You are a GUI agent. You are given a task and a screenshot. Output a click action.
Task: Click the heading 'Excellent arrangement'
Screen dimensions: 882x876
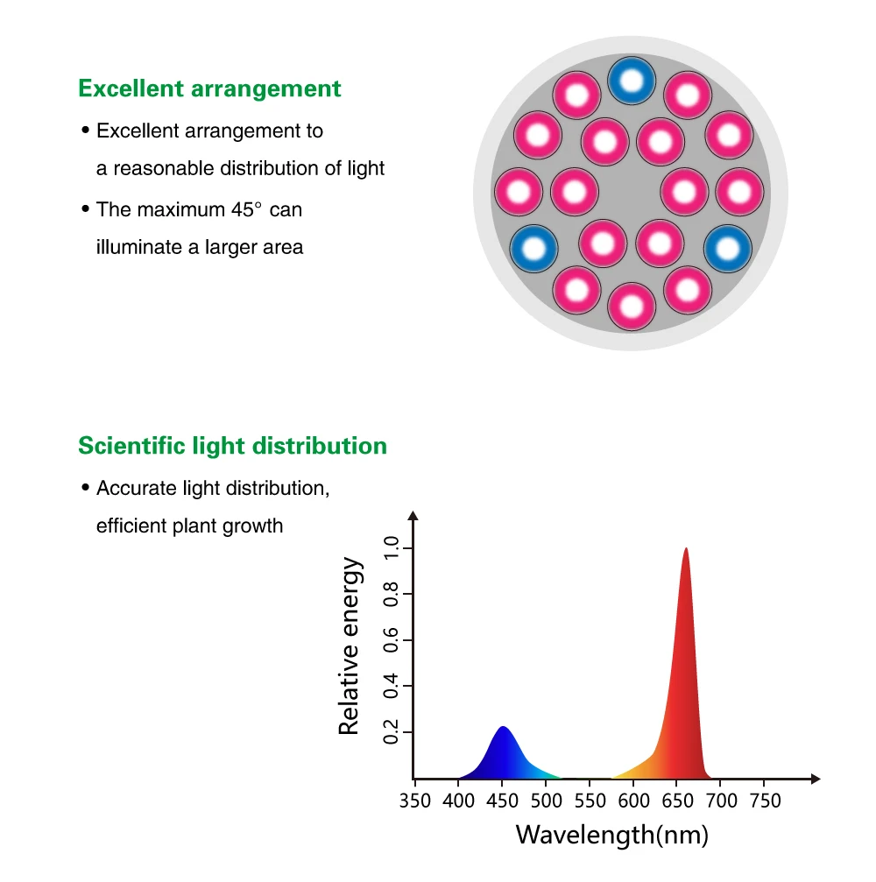point(209,88)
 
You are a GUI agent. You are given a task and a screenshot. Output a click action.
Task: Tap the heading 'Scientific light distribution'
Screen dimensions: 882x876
point(232,446)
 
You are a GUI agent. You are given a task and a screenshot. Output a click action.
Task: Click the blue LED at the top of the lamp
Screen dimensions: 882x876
point(631,81)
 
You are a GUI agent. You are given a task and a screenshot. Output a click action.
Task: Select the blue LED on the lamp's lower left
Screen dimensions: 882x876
point(533,249)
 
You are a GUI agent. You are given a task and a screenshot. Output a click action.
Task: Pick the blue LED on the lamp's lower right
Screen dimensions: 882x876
point(728,249)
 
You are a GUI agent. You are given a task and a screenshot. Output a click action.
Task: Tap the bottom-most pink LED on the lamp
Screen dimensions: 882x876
point(631,307)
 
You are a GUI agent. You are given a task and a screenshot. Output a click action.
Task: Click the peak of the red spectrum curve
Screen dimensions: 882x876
point(685,549)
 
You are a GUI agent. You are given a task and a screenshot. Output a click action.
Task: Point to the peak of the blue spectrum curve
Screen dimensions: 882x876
point(502,728)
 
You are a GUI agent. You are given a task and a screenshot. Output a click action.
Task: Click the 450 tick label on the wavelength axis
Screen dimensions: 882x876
point(502,800)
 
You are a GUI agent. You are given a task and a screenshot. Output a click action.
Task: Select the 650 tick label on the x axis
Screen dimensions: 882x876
point(678,800)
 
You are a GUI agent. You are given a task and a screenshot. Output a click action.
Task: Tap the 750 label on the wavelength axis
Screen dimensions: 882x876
point(766,800)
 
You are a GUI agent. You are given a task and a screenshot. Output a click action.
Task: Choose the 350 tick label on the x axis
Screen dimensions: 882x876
point(414,800)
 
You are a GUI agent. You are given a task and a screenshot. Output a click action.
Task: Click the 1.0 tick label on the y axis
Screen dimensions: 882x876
point(391,549)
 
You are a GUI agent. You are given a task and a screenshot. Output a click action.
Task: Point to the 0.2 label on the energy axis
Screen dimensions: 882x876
point(391,731)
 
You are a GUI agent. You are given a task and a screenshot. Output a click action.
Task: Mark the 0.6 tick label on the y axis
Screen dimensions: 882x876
point(391,640)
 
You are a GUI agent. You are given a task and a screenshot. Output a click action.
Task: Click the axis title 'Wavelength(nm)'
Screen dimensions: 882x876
point(611,835)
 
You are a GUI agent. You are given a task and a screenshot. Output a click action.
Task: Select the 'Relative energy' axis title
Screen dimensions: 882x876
point(350,646)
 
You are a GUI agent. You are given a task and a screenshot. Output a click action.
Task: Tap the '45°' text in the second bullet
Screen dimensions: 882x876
point(247,209)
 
